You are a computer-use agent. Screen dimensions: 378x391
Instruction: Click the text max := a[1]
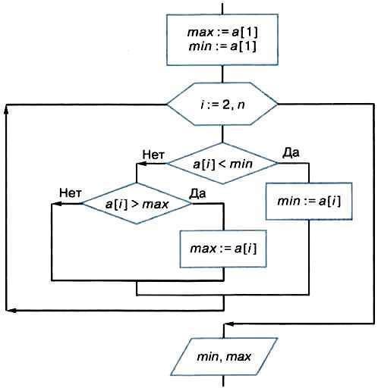(x=222, y=33)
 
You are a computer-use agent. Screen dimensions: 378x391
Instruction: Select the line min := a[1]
(x=222, y=47)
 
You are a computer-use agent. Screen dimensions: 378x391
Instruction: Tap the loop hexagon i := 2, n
(x=222, y=104)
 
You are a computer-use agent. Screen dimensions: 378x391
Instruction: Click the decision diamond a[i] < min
(x=222, y=164)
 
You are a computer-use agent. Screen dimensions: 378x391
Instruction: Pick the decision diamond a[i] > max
(x=137, y=204)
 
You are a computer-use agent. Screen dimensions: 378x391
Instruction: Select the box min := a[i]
(x=309, y=201)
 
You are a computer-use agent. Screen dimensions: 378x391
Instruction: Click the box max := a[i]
(x=223, y=249)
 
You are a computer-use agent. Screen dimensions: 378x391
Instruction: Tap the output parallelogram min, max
(x=224, y=357)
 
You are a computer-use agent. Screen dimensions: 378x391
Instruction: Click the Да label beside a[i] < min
(x=291, y=152)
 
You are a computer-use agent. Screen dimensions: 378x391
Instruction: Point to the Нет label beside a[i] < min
(x=153, y=155)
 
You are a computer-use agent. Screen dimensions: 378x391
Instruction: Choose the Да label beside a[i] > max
(x=197, y=194)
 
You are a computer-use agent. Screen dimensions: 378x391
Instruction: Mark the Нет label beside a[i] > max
(x=71, y=193)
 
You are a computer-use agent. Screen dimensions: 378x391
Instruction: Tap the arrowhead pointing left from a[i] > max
(x=56, y=204)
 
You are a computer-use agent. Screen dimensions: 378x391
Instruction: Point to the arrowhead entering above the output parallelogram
(x=229, y=324)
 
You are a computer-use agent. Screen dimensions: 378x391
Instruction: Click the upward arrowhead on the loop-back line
(x=6, y=111)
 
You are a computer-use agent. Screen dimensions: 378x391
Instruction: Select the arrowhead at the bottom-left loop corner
(x=11, y=311)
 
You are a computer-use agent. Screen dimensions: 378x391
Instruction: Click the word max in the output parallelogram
(x=238, y=357)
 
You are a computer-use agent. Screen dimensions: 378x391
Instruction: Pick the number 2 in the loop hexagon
(x=226, y=105)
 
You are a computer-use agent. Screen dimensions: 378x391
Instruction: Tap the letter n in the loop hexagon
(x=241, y=105)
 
